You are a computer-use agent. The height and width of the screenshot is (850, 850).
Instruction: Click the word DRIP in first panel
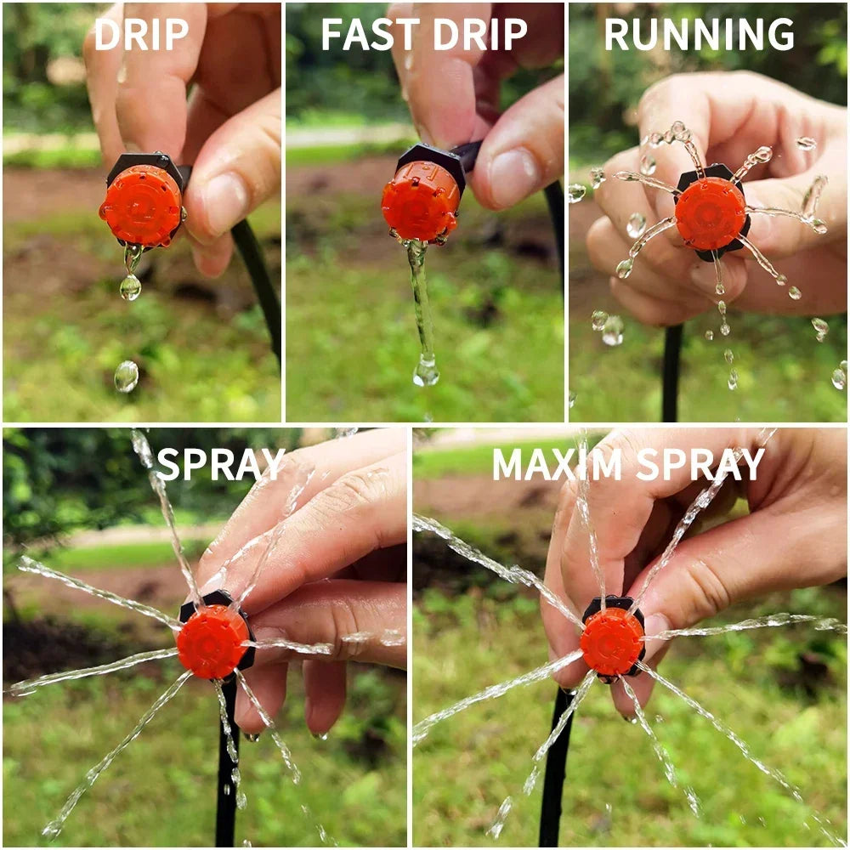tap(141, 34)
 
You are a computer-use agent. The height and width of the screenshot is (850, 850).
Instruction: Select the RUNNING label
tap(699, 34)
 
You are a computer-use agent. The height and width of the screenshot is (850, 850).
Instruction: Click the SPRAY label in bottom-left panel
tap(220, 464)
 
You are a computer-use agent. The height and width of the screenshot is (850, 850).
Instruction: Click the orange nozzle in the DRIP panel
tap(141, 206)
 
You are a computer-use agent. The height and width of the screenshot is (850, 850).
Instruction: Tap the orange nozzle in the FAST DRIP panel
tap(420, 201)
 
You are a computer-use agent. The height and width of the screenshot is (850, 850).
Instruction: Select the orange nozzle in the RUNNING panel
tap(711, 212)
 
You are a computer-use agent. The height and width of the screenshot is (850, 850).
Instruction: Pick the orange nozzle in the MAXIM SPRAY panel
tap(611, 642)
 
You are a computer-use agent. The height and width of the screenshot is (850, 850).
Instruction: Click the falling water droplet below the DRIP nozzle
tap(126, 376)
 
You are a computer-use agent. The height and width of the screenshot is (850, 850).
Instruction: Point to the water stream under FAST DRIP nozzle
tap(419, 306)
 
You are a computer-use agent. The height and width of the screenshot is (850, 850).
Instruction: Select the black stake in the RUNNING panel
tap(671, 374)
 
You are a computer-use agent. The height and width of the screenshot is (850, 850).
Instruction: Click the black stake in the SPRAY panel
tap(226, 765)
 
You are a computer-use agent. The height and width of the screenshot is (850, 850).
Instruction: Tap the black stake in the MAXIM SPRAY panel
tap(557, 765)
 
